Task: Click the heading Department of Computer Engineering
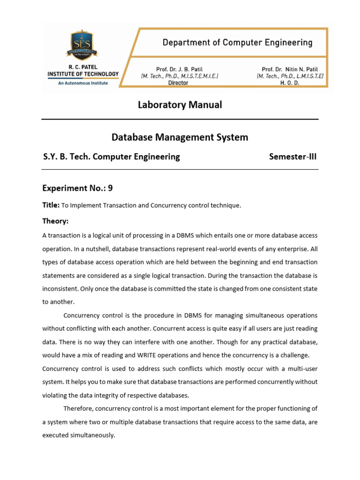point(237,43)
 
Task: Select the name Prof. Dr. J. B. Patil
point(180,68)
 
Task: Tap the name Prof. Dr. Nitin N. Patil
point(290,68)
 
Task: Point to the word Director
point(178,82)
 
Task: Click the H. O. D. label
point(290,82)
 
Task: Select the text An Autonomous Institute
point(83,83)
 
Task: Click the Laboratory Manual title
point(180,105)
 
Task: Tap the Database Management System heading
point(180,137)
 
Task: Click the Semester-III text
point(293,157)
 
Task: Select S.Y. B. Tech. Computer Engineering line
point(111,157)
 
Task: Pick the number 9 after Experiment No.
point(110,188)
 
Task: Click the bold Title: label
point(51,205)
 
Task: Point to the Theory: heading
point(55,221)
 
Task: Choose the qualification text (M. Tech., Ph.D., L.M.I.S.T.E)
point(290,75)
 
